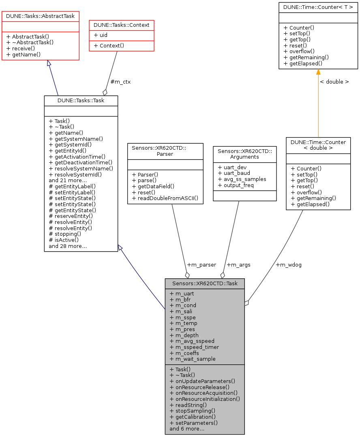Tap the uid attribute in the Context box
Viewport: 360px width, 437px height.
pos(101,35)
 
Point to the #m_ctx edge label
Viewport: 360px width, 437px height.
pos(120,82)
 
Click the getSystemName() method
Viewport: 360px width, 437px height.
pos(76,138)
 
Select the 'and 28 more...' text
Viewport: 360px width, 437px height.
pos(68,246)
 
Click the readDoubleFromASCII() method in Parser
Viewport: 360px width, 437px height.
pos(165,198)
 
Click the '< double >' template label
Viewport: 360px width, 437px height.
pos(334,82)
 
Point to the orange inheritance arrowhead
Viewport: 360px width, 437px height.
pos(318,72)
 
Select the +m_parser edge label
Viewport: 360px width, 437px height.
pos(201,265)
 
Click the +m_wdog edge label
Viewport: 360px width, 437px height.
pos(288,265)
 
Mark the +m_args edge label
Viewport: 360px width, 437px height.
pos(238,265)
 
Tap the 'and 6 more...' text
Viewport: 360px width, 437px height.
pos(187,428)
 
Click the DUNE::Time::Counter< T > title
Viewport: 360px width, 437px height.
pos(318,7)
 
